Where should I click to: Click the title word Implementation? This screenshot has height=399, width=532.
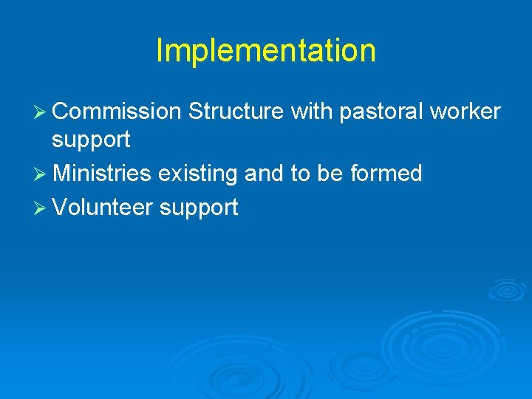[x=266, y=51]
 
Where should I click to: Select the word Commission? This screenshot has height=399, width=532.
[x=117, y=112]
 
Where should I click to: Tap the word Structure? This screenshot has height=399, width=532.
[x=236, y=112]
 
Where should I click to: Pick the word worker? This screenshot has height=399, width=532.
[x=466, y=112]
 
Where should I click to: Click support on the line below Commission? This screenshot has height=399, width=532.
[x=91, y=140]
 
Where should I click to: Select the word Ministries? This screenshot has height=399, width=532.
[x=102, y=174]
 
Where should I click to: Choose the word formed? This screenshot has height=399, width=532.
[x=386, y=174]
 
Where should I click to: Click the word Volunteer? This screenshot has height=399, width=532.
[x=103, y=208]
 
